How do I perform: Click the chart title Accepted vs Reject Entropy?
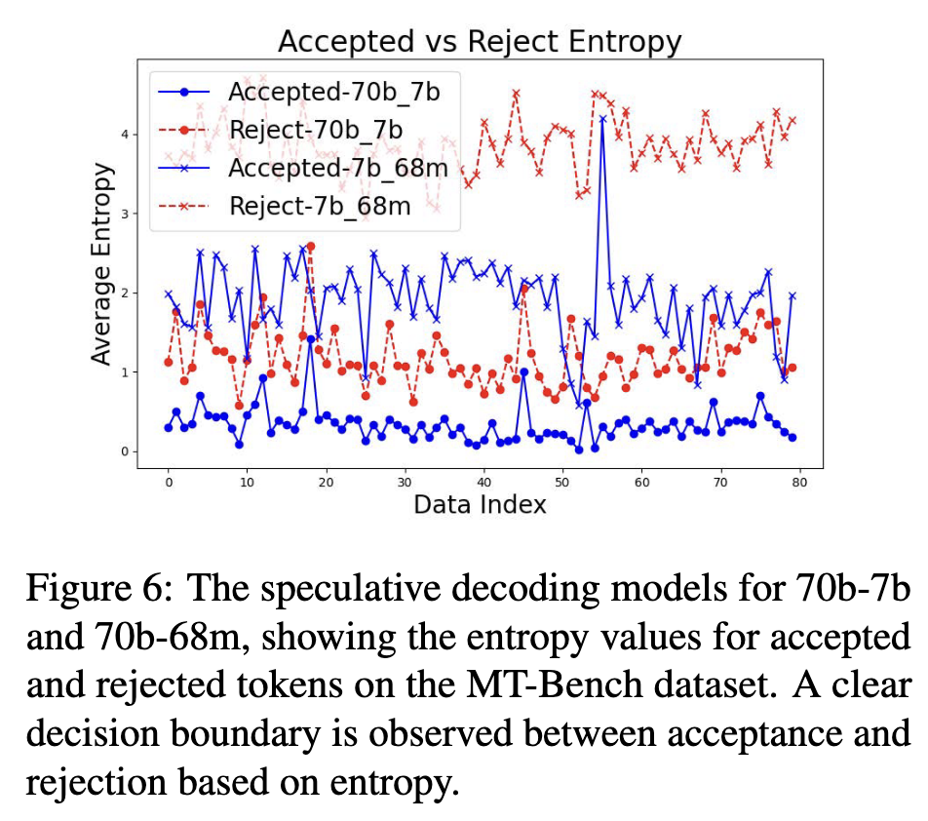[x=479, y=42]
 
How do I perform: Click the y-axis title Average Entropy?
[x=102, y=264]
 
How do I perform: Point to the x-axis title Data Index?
[x=480, y=504]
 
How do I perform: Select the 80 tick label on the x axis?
[x=798, y=483]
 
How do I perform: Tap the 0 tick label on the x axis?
[x=169, y=483]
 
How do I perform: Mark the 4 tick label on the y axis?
[x=123, y=134]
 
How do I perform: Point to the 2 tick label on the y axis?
[x=123, y=293]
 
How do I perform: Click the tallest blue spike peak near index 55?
[x=602, y=118]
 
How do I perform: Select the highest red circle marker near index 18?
[x=311, y=247]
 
